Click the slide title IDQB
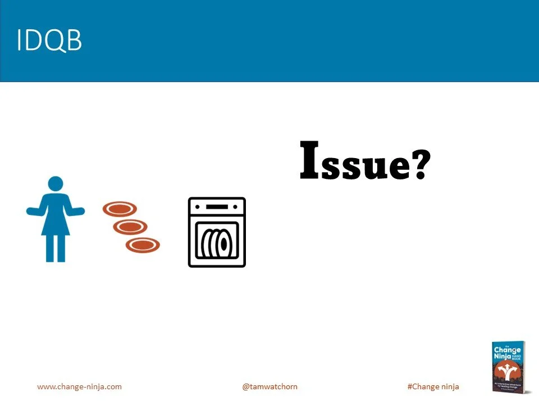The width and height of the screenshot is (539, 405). click(49, 41)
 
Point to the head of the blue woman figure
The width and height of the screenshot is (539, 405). click(56, 184)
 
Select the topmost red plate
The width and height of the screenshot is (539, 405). click(120, 209)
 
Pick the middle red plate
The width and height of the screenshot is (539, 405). click(130, 227)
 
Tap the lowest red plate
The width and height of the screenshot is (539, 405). click(143, 245)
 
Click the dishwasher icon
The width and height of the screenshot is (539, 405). click(217, 232)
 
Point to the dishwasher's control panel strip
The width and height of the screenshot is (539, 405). click(217, 207)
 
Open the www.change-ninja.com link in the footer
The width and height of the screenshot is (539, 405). click(79, 386)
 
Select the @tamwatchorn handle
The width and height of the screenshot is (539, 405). click(269, 386)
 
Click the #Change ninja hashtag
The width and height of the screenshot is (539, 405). click(433, 386)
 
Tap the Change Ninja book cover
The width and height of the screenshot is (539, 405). click(509, 367)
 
